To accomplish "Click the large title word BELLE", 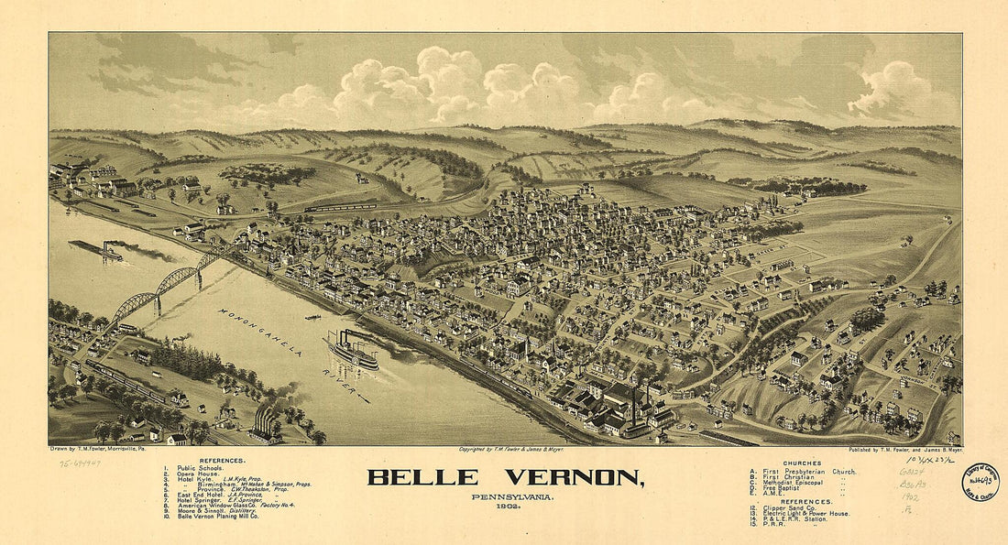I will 422,477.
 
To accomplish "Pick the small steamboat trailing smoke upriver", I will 98,248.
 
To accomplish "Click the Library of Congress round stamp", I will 981,482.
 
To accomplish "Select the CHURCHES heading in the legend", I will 802,463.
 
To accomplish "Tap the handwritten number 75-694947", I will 80,463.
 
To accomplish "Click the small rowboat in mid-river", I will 312,318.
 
